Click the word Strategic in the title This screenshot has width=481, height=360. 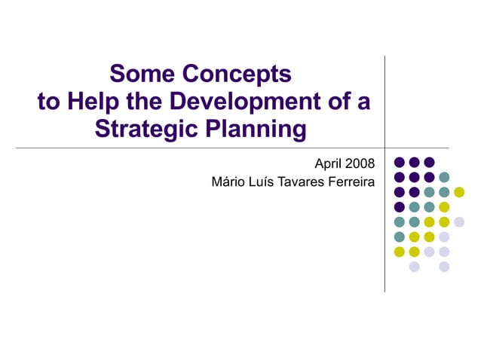(x=145, y=129)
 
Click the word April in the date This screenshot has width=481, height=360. (x=329, y=163)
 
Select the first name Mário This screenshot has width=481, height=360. (x=229, y=182)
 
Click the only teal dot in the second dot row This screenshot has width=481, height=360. (x=444, y=177)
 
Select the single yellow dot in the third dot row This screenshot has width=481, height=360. (x=459, y=192)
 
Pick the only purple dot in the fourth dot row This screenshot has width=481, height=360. (x=400, y=207)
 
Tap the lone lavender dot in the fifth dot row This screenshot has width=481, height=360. (x=459, y=221)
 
